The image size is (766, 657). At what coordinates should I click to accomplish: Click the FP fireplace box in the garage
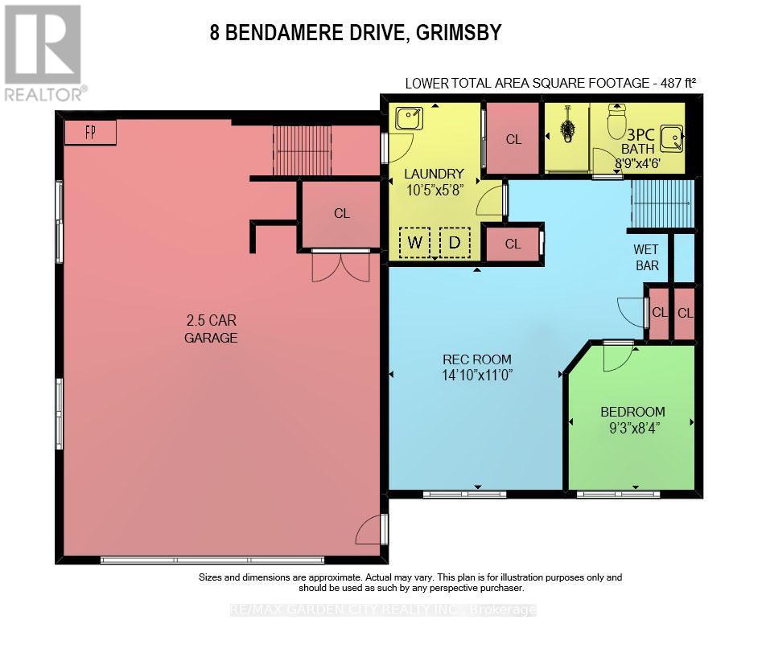(x=90, y=133)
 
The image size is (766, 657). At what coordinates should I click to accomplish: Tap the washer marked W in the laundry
(x=415, y=242)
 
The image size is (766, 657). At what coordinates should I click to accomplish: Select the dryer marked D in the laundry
(x=455, y=242)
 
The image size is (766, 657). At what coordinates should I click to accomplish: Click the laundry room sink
(x=410, y=119)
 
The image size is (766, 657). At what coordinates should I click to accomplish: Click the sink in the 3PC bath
(x=670, y=139)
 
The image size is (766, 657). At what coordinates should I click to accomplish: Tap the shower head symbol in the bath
(x=567, y=129)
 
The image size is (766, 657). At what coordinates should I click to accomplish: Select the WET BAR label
(x=646, y=257)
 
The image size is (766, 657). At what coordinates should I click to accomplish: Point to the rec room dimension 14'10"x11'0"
(x=477, y=375)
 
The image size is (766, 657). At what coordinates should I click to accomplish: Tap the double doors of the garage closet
(x=341, y=266)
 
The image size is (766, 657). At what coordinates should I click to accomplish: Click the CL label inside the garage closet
(x=342, y=214)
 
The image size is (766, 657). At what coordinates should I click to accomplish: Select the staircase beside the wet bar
(x=661, y=204)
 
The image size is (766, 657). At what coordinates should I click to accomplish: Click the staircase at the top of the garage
(x=302, y=150)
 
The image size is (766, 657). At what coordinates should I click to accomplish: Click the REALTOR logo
(x=43, y=53)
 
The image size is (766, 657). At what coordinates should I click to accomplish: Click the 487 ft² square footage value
(x=673, y=82)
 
